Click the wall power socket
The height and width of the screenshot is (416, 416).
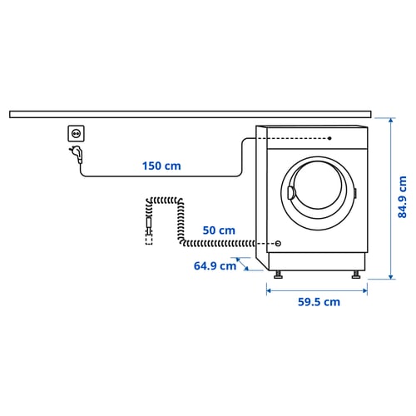pyautogui.click(x=75, y=133)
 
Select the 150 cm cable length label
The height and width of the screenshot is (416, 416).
pyautogui.click(x=161, y=166)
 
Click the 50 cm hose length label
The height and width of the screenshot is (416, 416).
pyautogui.click(x=217, y=230)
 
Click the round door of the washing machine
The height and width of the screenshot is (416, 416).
pyautogui.click(x=317, y=192)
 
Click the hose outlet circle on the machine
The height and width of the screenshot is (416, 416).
pyautogui.click(x=278, y=245)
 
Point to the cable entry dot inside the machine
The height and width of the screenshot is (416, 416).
pyautogui.click(x=330, y=138)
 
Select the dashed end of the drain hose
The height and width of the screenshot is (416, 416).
pyautogui.click(x=149, y=239)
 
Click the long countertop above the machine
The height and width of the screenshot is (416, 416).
pyautogui.click(x=191, y=113)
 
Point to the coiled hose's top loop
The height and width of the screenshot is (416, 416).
pyautogui.click(x=164, y=200)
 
